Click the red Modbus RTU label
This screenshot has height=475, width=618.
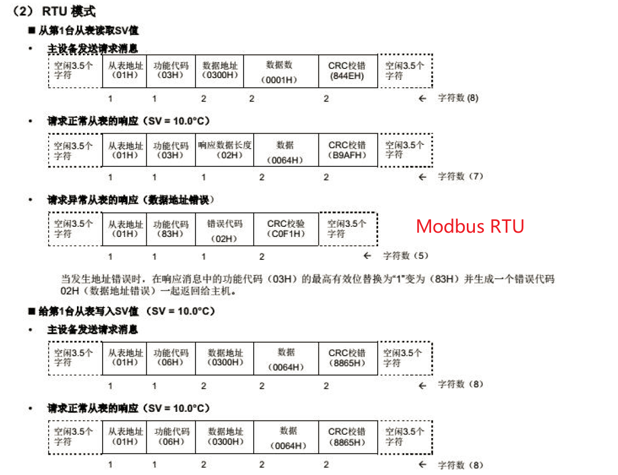pyautogui.click(x=470, y=226)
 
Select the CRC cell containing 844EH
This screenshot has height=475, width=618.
pyautogui.click(x=347, y=71)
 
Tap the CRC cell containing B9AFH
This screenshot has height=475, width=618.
pyautogui.click(x=347, y=150)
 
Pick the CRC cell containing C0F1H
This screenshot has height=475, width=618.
pyautogui.click(x=286, y=229)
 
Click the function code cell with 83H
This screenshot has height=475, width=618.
pyautogui.click(x=171, y=229)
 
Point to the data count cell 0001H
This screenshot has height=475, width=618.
pyautogui.click(x=279, y=72)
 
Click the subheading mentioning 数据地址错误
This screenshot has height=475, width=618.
pyautogui.click(x=131, y=200)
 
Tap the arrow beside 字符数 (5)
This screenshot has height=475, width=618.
pyautogui.click(x=367, y=256)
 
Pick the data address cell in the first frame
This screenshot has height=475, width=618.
pyautogui.click(x=220, y=71)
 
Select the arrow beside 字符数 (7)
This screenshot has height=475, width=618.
pyautogui.click(x=423, y=177)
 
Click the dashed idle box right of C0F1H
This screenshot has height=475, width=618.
pyautogui.click(x=348, y=229)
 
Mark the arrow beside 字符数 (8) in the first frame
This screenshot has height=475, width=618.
pyautogui.click(x=423, y=98)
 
